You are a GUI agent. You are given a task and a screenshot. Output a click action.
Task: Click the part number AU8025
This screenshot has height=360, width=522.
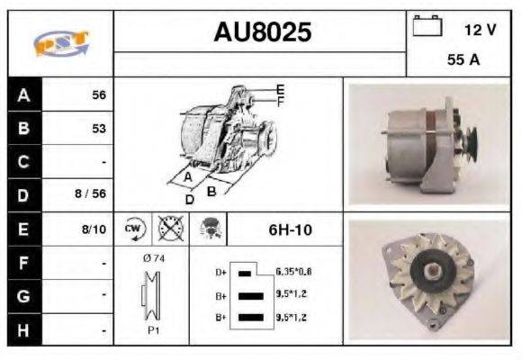tap(262, 32)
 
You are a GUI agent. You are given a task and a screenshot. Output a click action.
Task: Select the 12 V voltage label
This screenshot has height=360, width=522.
tap(480, 30)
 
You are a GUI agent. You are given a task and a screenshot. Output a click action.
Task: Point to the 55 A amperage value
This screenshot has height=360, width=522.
tap(462, 60)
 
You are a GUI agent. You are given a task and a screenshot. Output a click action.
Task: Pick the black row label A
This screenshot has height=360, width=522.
tap(23, 94)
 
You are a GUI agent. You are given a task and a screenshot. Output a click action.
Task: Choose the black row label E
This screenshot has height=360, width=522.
tap(23, 229)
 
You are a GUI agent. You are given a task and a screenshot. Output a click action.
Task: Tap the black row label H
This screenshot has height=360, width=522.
tap(23, 329)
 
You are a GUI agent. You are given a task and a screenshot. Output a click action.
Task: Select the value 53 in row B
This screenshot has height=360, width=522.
tap(98, 129)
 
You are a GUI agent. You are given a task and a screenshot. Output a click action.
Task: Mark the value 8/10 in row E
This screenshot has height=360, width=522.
tap(94, 229)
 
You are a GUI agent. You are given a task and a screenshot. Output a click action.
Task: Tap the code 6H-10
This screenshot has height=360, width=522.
tap(290, 229)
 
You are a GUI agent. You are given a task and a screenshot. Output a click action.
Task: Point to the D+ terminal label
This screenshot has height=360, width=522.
tap(220, 271)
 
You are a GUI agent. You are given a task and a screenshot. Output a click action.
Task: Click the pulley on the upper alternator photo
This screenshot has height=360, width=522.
tap(471, 139)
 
